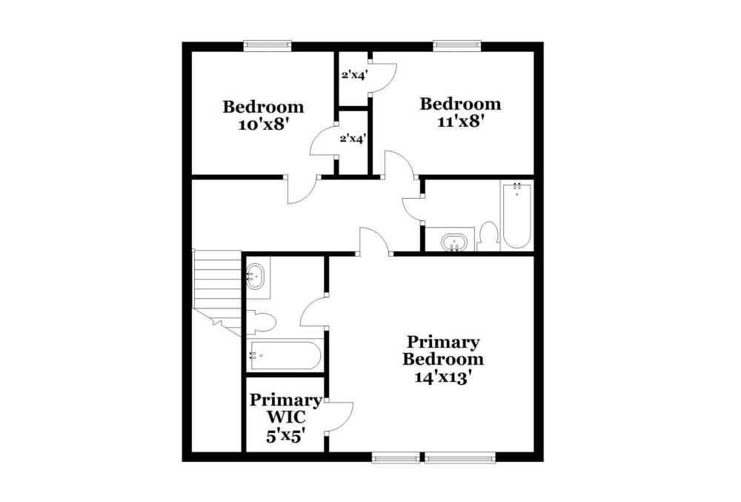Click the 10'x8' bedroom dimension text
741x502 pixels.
click(263, 125)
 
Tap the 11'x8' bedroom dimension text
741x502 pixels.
click(461, 122)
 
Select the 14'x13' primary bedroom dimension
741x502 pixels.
click(444, 377)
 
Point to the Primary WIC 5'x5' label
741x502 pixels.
click(285, 417)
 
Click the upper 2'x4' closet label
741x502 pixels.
click(355, 75)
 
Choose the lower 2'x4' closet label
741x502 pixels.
click(353, 139)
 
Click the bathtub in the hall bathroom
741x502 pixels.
click(516, 216)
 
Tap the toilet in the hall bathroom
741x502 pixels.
click(488, 237)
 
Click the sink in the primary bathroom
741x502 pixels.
click(256, 277)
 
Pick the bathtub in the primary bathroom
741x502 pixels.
click(285, 355)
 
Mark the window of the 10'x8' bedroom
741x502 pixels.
click(268, 45)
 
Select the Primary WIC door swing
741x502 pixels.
click(340, 417)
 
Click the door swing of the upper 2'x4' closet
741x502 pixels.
click(383, 78)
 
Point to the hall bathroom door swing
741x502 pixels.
click(411, 208)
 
